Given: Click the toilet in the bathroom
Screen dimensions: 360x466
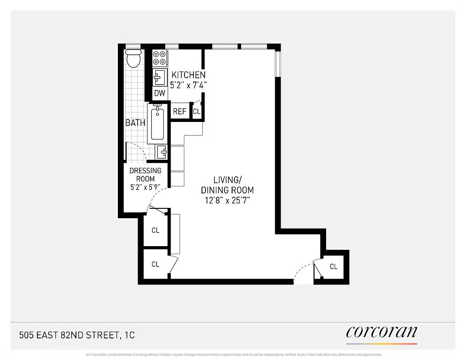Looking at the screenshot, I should pyautogui.click(x=133, y=58).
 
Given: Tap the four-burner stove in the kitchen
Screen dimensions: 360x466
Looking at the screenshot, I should pyautogui.click(x=160, y=58).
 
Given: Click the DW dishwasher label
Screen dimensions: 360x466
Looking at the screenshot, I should pyautogui.click(x=160, y=94).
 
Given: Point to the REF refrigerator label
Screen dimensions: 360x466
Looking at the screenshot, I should pyautogui.click(x=179, y=111).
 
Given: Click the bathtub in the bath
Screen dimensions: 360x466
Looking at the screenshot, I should pyautogui.click(x=157, y=122).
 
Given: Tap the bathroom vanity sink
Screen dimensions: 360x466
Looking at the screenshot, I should pyautogui.click(x=161, y=152).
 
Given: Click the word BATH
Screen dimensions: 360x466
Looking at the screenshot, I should pyautogui.click(x=135, y=123).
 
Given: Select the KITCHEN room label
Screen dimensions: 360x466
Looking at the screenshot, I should pyautogui.click(x=188, y=75).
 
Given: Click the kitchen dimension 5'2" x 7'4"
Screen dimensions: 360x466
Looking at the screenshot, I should pyautogui.click(x=188, y=85).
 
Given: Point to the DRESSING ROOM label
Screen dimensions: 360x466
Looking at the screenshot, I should pyautogui.click(x=145, y=175).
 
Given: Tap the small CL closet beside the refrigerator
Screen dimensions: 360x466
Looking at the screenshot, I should pyautogui.click(x=197, y=111).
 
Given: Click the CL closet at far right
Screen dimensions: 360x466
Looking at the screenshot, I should pyautogui.click(x=333, y=266).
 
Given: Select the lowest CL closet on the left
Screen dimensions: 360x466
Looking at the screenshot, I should pyautogui.click(x=155, y=264).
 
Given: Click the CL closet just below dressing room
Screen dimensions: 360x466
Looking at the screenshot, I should pyautogui.click(x=155, y=230).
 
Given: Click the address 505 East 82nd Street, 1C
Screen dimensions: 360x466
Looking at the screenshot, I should pyautogui.click(x=77, y=335).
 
